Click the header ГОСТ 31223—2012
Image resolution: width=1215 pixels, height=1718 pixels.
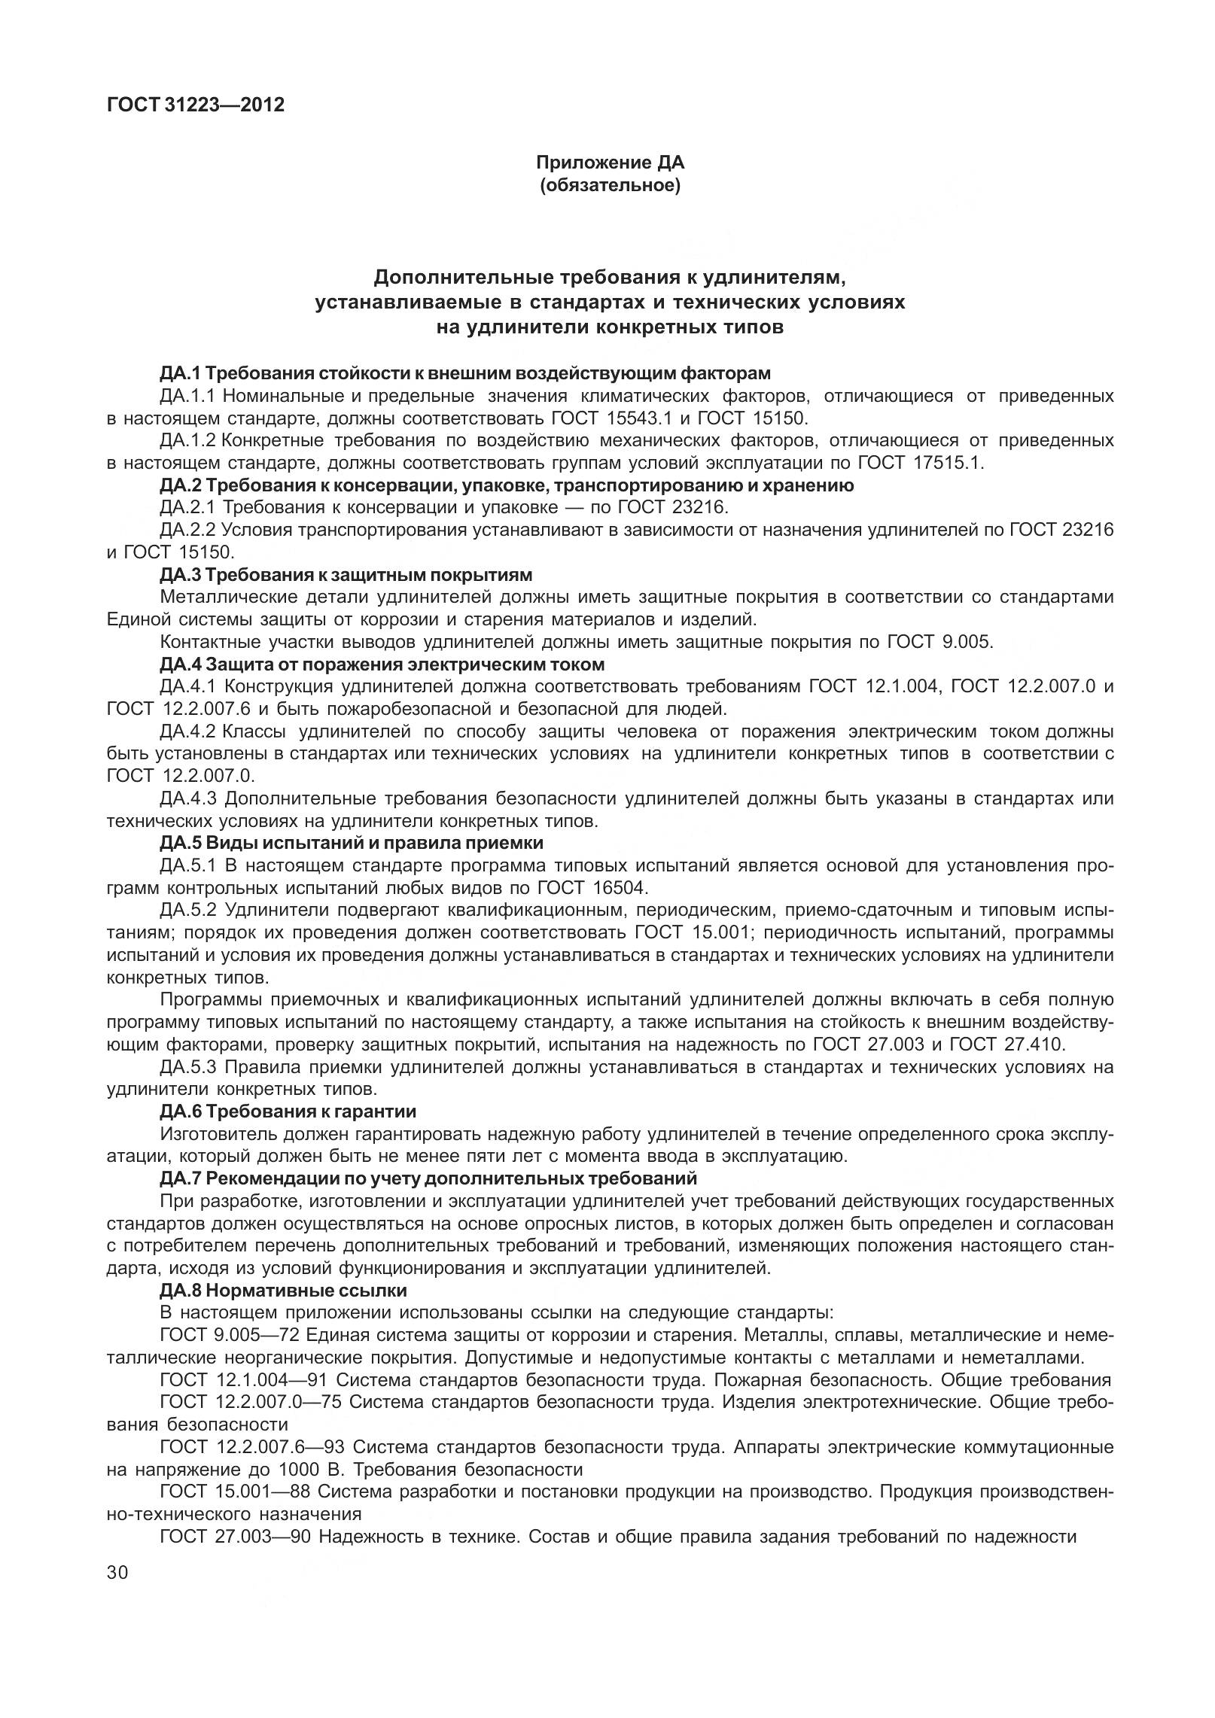click(196, 105)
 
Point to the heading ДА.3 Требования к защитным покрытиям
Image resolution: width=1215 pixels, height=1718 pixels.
click(346, 576)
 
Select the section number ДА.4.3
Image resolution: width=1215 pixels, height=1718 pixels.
click(188, 798)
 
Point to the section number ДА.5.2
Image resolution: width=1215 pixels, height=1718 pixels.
click(188, 911)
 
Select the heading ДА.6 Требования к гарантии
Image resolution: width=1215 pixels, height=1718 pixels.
click(288, 1111)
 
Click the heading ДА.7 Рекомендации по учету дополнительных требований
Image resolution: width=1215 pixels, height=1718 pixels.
click(428, 1178)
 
